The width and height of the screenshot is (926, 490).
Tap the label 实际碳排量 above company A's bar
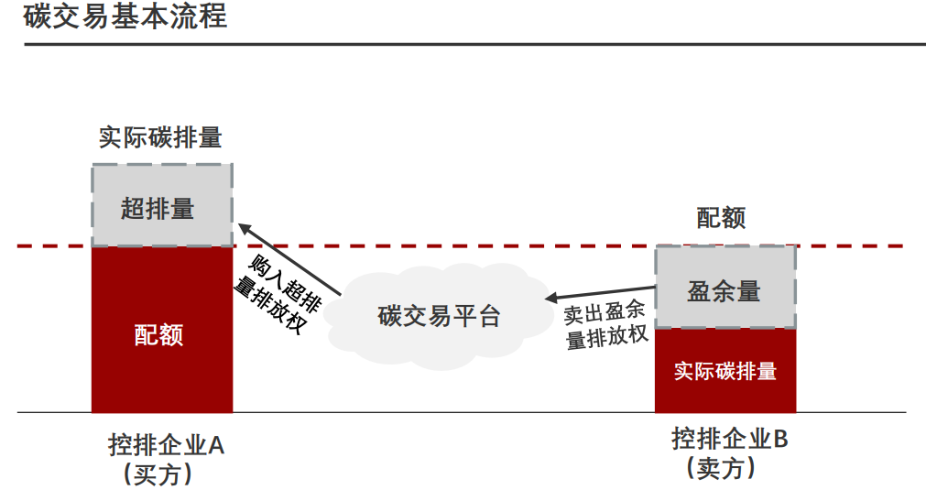tap(161, 138)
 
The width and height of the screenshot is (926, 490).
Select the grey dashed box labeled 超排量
tap(161, 206)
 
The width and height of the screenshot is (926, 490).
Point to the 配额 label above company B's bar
tap(722, 218)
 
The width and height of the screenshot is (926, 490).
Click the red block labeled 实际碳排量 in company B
tap(724, 371)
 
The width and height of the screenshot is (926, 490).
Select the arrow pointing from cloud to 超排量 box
tap(289, 258)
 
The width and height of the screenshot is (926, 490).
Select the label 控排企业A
tap(166, 447)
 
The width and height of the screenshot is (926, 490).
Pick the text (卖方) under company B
tap(724, 468)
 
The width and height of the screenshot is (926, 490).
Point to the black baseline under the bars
tap(458, 413)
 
